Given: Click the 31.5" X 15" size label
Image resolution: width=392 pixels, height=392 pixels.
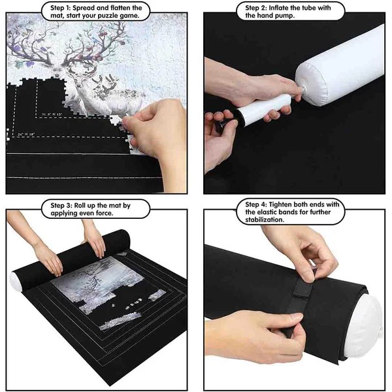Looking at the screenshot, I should pyautogui.click(x=54, y=114).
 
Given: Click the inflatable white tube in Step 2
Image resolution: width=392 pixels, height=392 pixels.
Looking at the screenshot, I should pyautogui.click(x=340, y=72).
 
